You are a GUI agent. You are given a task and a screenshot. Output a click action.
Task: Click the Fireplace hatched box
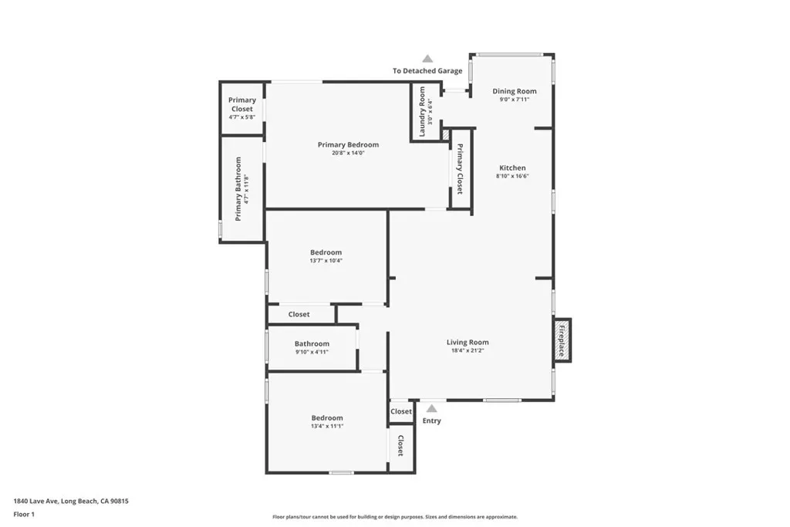pyautogui.click(x=562, y=340)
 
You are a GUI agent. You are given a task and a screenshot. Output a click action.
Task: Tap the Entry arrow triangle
pyautogui.click(x=432, y=408)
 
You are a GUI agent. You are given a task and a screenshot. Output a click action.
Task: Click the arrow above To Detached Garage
pyautogui.click(x=427, y=59)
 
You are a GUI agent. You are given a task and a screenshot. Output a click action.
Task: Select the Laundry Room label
pyautogui.click(x=422, y=111)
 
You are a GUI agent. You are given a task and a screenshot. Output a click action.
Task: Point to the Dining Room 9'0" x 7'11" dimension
pyautogui.click(x=515, y=100)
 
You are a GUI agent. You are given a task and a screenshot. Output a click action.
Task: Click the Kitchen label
pyautogui.click(x=512, y=167)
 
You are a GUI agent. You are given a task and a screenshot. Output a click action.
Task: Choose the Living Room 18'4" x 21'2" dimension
pyautogui.click(x=468, y=350)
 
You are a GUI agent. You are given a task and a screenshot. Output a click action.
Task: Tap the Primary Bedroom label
pyautogui.click(x=348, y=144)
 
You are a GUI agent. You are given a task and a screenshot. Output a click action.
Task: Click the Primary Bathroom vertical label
pyautogui.click(x=238, y=189)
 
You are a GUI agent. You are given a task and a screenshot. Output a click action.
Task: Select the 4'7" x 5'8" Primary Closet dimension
pyautogui.click(x=241, y=117)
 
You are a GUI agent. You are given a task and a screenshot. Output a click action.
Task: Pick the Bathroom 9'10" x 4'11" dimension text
pyautogui.click(x=312, y=352)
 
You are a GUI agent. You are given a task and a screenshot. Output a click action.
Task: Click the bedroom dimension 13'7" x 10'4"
pyautogui.click(x=326, y=261)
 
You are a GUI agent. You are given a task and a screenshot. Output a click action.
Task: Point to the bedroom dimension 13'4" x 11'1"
pyautogui.click(x=327, y=426)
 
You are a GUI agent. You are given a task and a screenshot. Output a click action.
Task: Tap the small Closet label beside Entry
pyautogui.click(x=401, y=411)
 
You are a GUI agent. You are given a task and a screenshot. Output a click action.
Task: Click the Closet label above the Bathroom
pyautogui.click(x=299, y=314)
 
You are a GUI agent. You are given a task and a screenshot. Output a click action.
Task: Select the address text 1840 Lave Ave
pyautogui.click(x=36, y=501)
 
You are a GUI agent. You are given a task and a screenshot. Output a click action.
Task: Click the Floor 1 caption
pyautogui.click(x=24, y=515)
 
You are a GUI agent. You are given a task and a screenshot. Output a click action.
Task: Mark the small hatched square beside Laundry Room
pyautogui.click(x=445, y=134)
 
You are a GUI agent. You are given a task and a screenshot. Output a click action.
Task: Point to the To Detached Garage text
pyautogui.click(x=427, y=70)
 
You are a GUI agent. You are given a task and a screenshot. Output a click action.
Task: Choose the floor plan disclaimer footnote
pyautogui.click(x=395, y=517)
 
